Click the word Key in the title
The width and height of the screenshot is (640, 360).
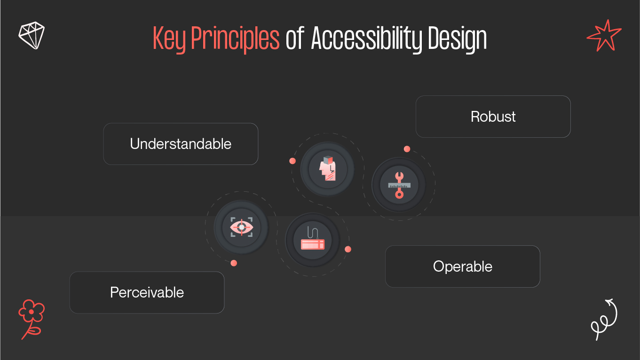[170, 39]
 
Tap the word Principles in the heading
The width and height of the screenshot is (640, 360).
[235, 39]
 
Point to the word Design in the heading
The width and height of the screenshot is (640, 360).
[457, 39]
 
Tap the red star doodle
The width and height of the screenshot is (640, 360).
[603, 36]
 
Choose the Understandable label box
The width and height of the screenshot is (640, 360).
[181, 144]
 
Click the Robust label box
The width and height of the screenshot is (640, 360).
[493, 117]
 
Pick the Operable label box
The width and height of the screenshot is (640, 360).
[462, 266]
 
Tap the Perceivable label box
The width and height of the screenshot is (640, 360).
[147, 292]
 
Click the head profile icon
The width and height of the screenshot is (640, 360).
[328, 169]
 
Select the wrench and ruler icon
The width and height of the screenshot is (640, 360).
[399, 185]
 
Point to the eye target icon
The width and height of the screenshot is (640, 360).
[241, 227]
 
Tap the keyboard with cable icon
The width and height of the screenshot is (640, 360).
[313, 240]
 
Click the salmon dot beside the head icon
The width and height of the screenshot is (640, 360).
[292, 161]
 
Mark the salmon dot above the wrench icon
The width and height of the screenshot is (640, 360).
[407, 149]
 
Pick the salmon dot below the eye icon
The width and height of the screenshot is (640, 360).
[234, 263]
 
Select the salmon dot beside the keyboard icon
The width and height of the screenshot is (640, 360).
[348, 249]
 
